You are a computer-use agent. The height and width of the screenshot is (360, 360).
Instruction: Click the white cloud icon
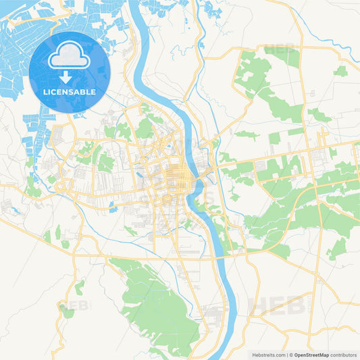point(70,57)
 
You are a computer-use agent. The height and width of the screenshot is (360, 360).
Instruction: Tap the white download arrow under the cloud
point(70,76)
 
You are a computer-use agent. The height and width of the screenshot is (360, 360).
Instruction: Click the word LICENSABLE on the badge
point(70,91)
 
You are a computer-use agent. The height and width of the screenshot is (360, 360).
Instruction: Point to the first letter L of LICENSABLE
point(45,91)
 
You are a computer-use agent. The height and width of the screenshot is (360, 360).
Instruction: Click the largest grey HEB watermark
point(277,305)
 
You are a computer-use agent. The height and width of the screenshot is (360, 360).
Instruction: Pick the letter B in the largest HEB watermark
point(295,305)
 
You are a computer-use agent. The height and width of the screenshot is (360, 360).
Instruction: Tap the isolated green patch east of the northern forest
point(340,71)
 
